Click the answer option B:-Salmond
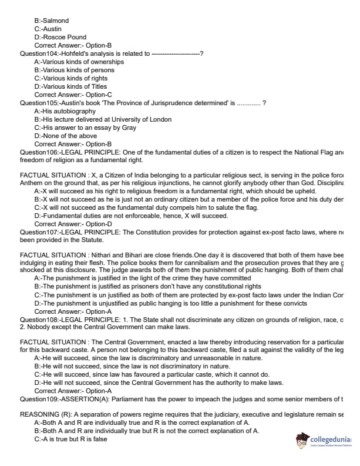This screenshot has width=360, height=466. pyautogui.click(x=52, y=21)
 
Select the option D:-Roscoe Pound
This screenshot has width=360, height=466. pyautogui.click(x=60, y=37)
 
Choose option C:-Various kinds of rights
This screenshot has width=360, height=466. pyautogui.click(x=71, y=78)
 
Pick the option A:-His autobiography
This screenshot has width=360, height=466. pyautogui.click(x=65, y=111)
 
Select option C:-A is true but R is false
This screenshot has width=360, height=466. pyautogui.click(x=71, y=439)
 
